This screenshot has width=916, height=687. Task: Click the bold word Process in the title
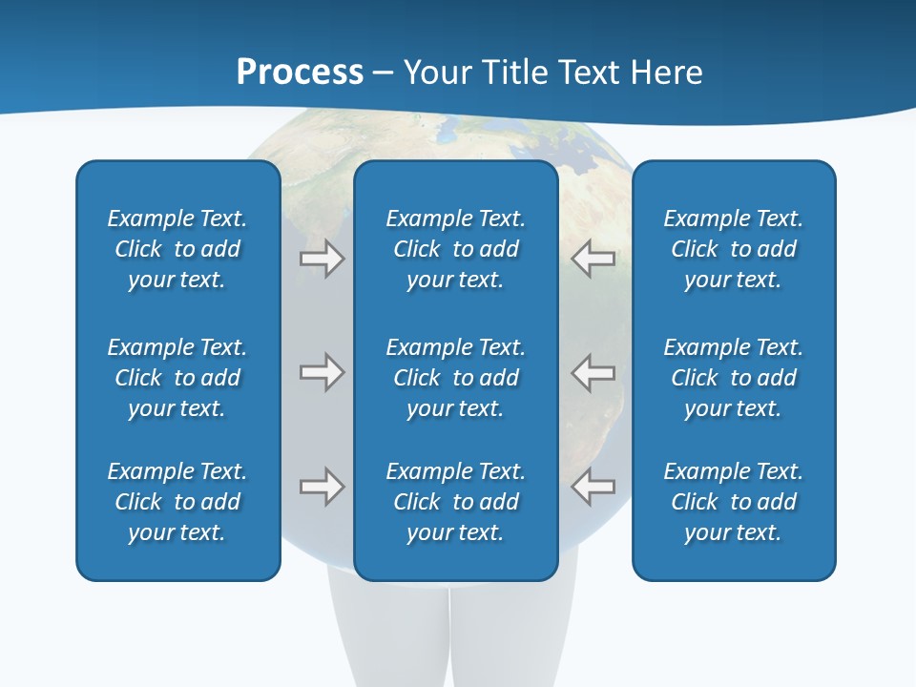pos(300,73)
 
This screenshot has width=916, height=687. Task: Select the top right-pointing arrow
pos(322,259)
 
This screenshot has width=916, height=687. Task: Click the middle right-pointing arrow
pos(322,373)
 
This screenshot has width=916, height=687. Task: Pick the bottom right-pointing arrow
pos(322,487)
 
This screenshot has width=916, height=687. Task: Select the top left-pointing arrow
pos(593,259)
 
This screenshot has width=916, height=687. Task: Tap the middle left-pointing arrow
pos(593,373)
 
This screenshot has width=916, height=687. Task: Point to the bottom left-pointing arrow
pos(593,487)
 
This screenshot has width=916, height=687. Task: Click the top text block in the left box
pos(177,249)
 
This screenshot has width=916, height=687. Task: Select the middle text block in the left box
pos(177,378)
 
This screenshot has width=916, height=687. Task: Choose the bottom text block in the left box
pos(177,502)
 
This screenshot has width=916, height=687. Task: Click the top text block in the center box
pos(456,249)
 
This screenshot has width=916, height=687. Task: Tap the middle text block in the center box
pos(456,378)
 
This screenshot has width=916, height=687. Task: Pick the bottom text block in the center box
pos(456,502)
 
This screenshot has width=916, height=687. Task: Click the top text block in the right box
pos(734,249)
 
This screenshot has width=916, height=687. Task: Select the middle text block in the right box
pos(734,378)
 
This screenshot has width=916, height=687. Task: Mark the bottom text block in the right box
pos(734,502)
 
